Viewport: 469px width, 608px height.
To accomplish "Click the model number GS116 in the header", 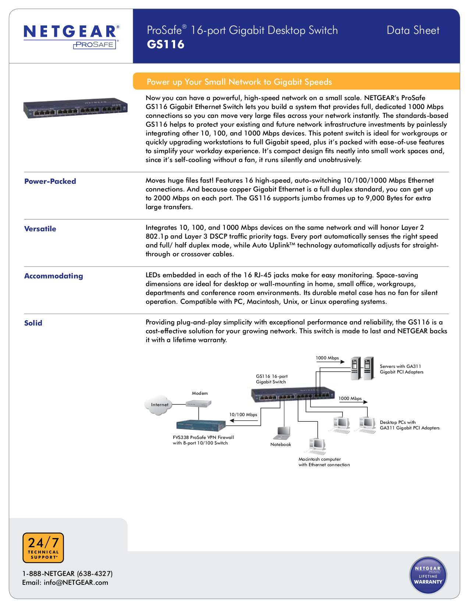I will tap(166, 45).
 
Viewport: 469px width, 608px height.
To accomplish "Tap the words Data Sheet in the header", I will tap(413, 30).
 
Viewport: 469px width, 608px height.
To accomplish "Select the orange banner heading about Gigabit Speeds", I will tap(239, 82).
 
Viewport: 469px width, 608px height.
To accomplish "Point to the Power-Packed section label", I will tap(50, 181).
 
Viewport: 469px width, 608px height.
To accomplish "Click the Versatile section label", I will tap(40, 229).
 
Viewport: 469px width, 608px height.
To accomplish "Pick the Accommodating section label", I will tap(53, 276).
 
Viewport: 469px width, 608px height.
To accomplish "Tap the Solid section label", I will tap(33, 323).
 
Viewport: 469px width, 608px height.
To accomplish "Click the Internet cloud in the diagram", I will tap(158, 405).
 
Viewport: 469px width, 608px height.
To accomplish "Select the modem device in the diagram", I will tap(198, 404).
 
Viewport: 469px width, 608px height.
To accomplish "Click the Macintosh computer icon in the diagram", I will tap(317, 446).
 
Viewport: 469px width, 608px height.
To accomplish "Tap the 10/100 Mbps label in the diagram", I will tap(243, 415).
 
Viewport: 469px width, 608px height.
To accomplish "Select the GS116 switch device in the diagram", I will tap(293, 395).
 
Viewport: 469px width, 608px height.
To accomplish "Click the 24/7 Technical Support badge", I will tap(43, 548).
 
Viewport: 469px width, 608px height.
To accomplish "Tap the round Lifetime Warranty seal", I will tap(428, 575).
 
